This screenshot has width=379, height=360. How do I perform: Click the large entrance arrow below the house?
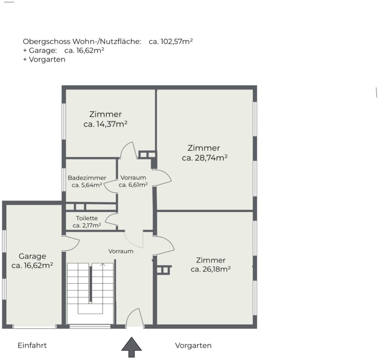[x=131, y=347]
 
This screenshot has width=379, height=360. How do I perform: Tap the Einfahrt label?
[x=32, y=345]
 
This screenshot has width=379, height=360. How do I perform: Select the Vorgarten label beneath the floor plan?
[x=193, y=346]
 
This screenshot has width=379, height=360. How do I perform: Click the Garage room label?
[x=32, y=256]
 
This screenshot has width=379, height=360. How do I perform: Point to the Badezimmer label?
[x=87, y=178]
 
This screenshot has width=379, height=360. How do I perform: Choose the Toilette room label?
[x=87, y=218]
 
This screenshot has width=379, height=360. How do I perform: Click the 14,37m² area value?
[x=112, y=124]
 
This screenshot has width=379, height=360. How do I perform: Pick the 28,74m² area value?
[x=211, y=158]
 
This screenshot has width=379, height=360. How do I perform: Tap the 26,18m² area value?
[x=216, y=269]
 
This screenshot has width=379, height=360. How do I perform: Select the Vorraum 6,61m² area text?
[x=133, y=185]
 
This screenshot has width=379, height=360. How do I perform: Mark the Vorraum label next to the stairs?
[x=121, y=251]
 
